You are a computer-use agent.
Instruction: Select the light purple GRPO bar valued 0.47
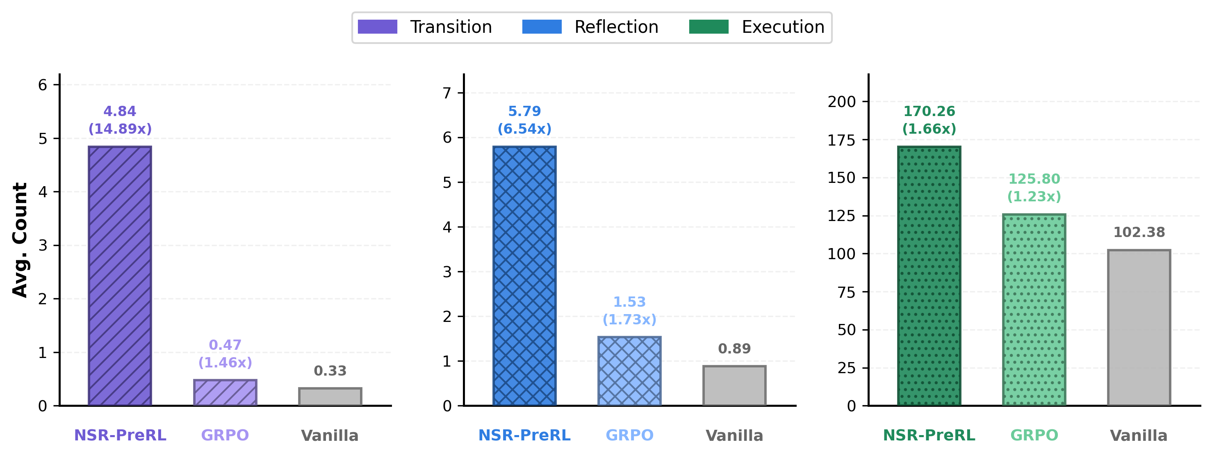pyautogui.click(x=225, y=392)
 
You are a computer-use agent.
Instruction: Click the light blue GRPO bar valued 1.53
pyautogui.click(x=629, y=371)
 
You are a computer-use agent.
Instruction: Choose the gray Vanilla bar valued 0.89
pyautogui.click(x=734, y=385)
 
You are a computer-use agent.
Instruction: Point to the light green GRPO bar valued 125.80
pyautogui.click(x=1034, y=310)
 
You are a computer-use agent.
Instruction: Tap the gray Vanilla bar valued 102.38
pyautogui.click(x=1139, y=328)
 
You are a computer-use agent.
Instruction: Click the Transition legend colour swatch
pyautogui.click(x=377, y=27)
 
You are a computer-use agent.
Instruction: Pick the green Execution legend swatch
pyautogui.click(x=709, y=27)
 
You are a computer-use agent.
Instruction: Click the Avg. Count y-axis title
pyautogui.click(x=20, y=239)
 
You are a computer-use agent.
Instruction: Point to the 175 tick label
pyautogui.click(x=841, y=140)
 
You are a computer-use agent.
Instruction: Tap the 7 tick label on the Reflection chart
pyautogui.click(x=447, y=93)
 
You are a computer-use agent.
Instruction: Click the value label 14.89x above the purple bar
pyautogui.click(x=120, y=129)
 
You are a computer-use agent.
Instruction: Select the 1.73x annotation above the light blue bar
pyautogui.click(x=629, y=319)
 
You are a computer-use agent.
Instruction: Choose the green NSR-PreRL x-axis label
pyautogui.click(x=929, y=435)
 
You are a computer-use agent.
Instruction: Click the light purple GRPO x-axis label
pyautogui.click(x=225, y=435)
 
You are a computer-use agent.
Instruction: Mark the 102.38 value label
pyautogui.click(x=1139, y=232)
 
